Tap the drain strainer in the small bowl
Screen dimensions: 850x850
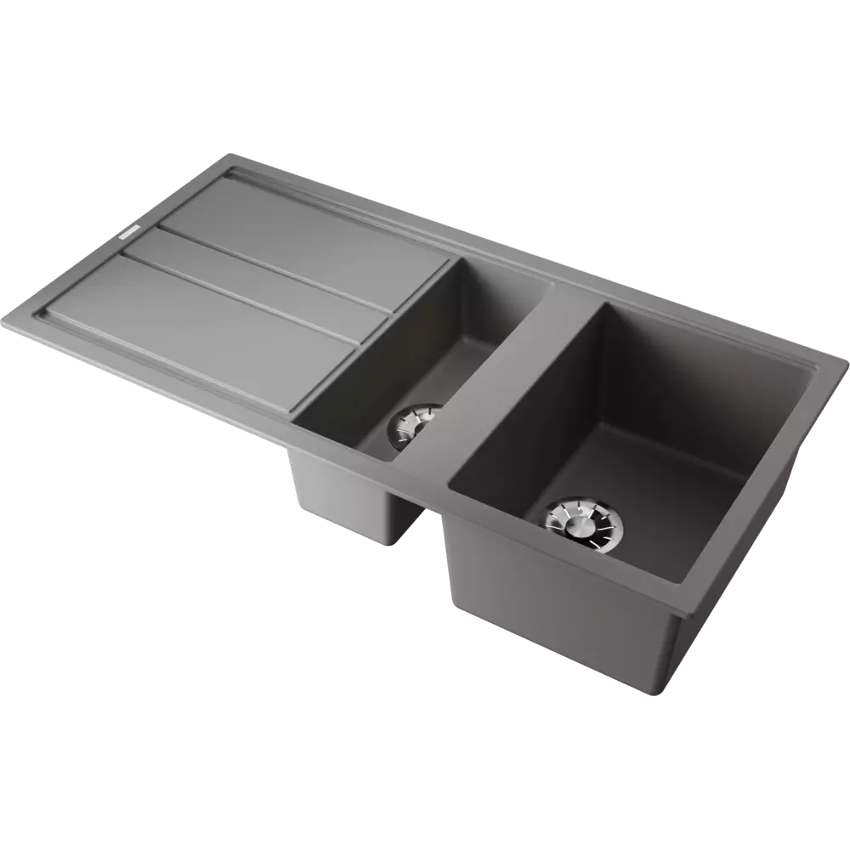413,425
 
